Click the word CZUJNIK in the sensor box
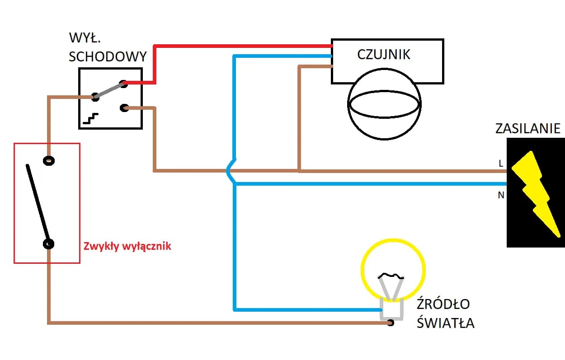384,55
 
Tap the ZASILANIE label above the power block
527,129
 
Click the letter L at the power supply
501,164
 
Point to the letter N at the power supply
501,196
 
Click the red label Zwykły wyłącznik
127,247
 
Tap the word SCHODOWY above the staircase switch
108,57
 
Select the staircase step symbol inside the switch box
90,119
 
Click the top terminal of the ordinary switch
48,160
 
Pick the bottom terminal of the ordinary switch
48,244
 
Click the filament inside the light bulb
391,276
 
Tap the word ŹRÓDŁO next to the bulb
443,304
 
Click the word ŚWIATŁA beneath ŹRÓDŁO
445,323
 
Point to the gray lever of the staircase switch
108,90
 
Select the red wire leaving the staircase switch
155,63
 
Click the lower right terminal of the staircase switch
125,108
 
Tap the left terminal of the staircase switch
95,96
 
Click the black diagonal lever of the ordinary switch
38,202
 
